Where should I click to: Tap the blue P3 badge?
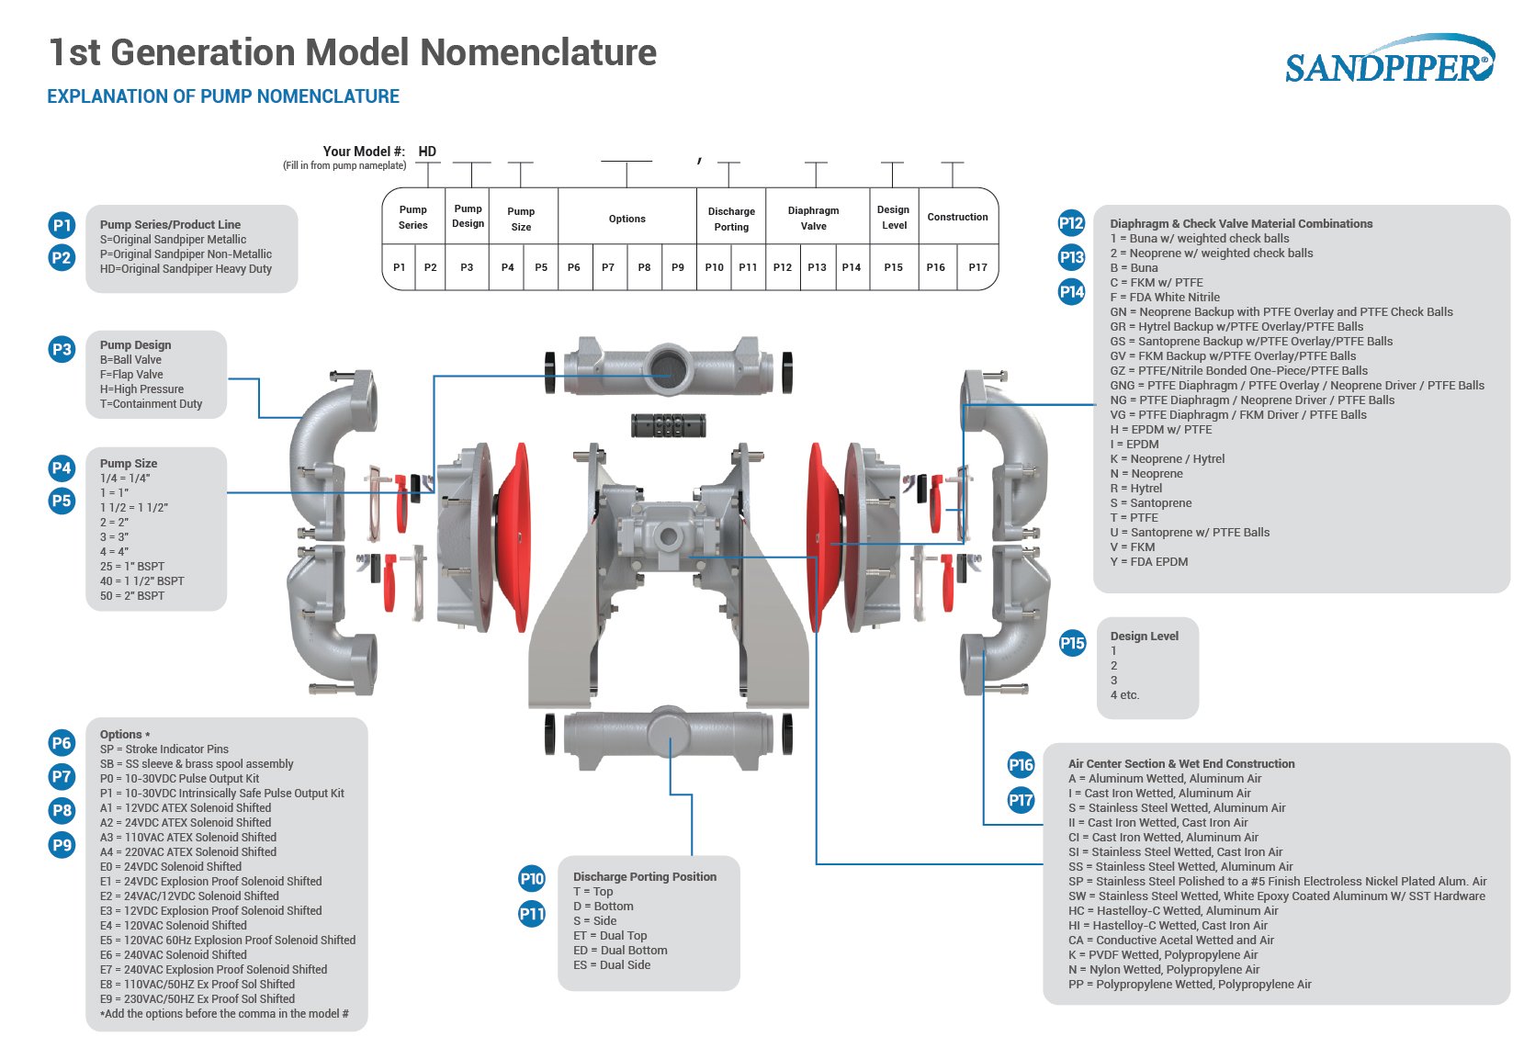coord(62,349)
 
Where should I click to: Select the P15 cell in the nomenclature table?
coord(893,267)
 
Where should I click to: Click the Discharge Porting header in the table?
coord(731,219)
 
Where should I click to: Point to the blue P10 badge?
coord(532,878)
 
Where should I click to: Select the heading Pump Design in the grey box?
coord(135,344)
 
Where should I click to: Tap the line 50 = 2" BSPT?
coord(132,595)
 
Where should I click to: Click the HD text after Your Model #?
coord(427,152)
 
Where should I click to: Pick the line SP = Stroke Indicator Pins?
coord(164,749)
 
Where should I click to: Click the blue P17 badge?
coord(1021,799)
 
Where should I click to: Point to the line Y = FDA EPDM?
coord(1148,561)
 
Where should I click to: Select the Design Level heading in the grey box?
coord(1144,636)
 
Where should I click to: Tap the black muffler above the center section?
coord(669,425)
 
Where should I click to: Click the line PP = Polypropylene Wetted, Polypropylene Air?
coord(1190,984)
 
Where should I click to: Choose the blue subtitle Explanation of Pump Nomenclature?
coord(223,96)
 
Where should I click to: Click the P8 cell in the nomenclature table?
coord(644,267)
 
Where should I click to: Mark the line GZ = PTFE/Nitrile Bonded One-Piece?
coord(1238,370)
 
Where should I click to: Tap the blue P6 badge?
coord(62,742)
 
